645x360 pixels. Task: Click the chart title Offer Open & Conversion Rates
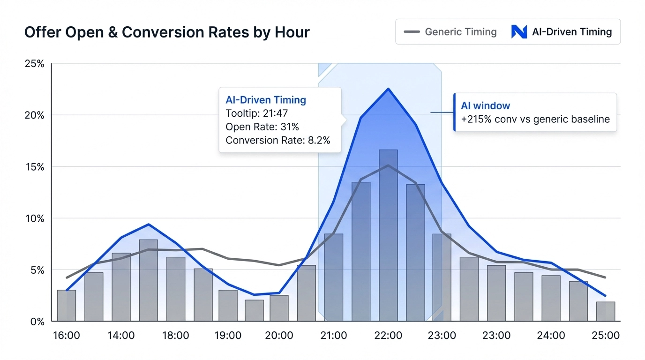tap(166, 32)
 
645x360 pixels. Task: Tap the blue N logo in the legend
tap(519, 32)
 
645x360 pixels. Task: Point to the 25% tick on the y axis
tap(34, 64)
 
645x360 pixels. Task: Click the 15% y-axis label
tap(34, 167)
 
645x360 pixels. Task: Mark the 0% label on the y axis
tap(37, 322)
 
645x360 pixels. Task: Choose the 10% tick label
tap(34, 219)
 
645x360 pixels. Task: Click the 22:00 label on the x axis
tap(388, 336)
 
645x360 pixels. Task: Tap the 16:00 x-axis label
tap(66, 336)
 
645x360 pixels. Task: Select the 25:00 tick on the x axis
tap(605, 336)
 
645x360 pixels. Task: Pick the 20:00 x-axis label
tap(279, 336)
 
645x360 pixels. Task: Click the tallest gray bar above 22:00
tap(388, 234)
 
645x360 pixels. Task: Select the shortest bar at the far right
tap(605, 312)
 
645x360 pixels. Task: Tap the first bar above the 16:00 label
tap(67, 306)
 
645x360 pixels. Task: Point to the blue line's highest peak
tap(388, 89)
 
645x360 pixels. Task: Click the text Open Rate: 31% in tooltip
tap(262, 127)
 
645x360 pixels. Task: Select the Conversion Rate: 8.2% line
tap(277, 140)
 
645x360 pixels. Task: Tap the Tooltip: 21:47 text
tap(256, 113)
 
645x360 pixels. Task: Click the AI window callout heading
tap(485, 106)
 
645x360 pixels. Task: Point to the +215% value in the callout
tap(474, 120)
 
